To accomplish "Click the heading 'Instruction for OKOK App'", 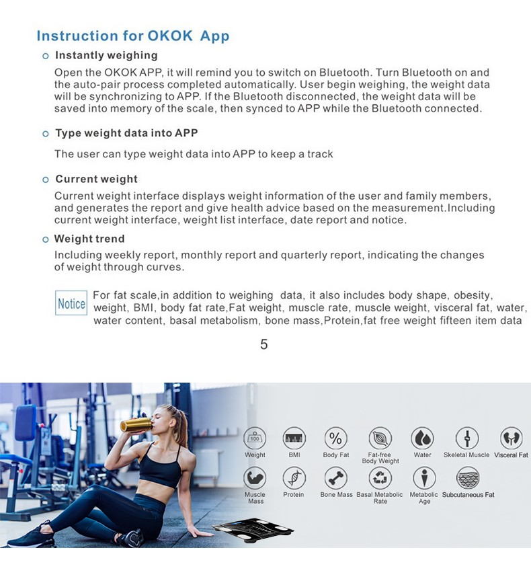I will click(132, 36).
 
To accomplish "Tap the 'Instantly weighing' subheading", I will click(106, 55).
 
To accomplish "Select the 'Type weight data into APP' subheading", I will click(126, 133).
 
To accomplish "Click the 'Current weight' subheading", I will click(96, 179).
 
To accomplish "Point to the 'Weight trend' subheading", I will click(89, 239).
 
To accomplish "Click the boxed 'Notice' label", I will click(71, 303).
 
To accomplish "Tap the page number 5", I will click(263, 344).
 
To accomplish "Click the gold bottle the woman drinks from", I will click(135, 424).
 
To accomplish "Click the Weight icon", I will click(255, 438).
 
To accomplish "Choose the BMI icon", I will click(294, 438).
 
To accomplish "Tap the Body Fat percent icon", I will click(335, 438).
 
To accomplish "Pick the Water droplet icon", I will click(422, 438).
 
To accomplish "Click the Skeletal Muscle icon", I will click(466, 438).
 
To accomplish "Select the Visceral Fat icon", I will click(511, 438).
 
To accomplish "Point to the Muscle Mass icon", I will click(255, 478).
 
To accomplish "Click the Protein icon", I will click(294, 478).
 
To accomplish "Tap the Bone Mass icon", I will click(335, 478).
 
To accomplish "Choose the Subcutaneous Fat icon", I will click(468, 478).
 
